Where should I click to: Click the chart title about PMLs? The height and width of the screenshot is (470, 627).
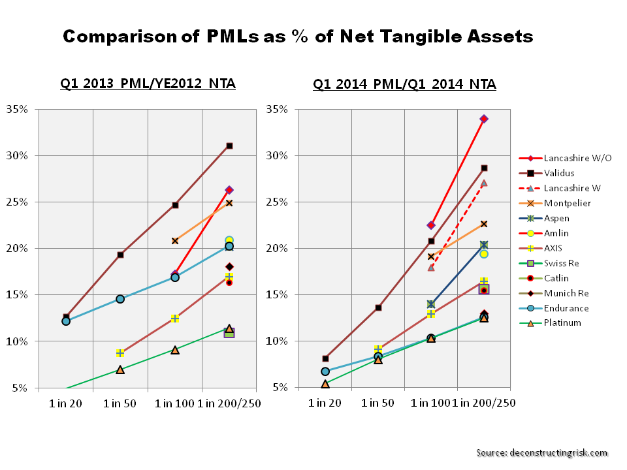(298, 37)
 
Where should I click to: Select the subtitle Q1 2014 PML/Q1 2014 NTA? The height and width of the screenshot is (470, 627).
(404, 84)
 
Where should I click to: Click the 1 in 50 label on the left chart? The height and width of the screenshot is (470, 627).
(120, 403)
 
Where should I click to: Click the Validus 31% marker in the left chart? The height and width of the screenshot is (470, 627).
(229, 146)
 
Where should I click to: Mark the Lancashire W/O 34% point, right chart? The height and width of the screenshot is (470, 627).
(484, 119)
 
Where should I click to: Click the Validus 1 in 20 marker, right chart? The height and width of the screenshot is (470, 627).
(325, 358)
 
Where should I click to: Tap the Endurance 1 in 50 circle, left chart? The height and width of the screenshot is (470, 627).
(120, 299)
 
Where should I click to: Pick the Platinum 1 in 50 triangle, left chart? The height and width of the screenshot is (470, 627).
(120, 369)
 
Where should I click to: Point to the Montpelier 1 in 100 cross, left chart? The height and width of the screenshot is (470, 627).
(175, 241)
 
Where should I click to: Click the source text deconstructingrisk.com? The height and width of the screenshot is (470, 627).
(541, 452)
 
